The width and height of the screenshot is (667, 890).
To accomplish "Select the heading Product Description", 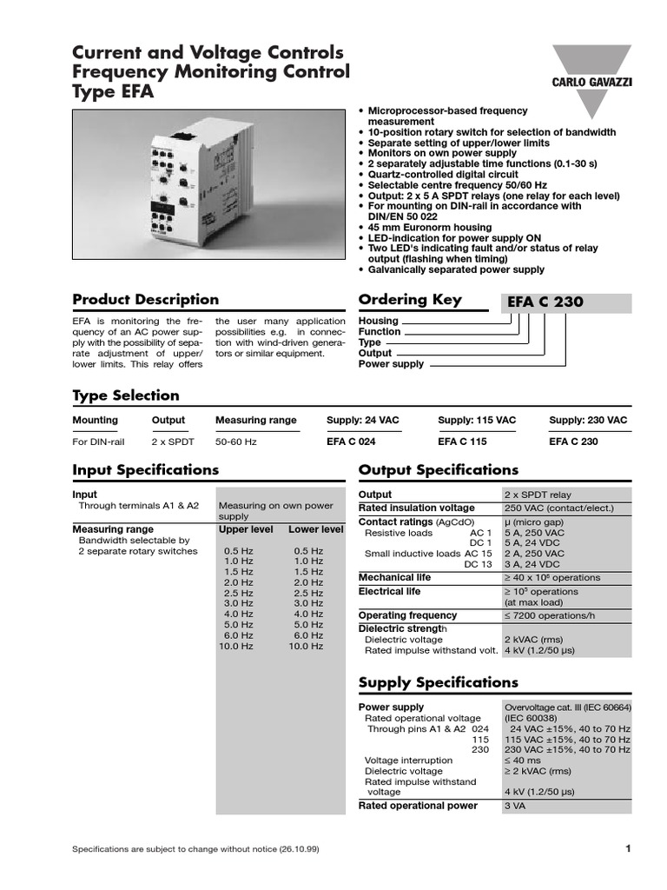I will click(x=145, y=300).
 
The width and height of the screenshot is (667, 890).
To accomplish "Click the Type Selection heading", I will click(x=125, y=395).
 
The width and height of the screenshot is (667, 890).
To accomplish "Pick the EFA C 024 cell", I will click(x=351, y=442).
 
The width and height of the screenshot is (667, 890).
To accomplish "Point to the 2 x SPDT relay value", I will click(x=538, y=495).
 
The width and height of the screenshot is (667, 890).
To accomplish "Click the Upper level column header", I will click(x=246, y=529).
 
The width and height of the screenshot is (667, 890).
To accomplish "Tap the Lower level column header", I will click(x=316, y=529).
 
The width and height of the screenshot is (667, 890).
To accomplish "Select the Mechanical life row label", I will click(x=394, y=577).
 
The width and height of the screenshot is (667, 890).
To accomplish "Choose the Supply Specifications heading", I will click(x=438, y=682).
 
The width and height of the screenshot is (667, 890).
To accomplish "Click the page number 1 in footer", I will click(x=626, y=848).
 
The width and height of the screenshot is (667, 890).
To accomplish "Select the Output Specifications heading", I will click(x=438, y=469).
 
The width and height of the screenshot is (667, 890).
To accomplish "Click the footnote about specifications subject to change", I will click(x=195, y=849).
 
